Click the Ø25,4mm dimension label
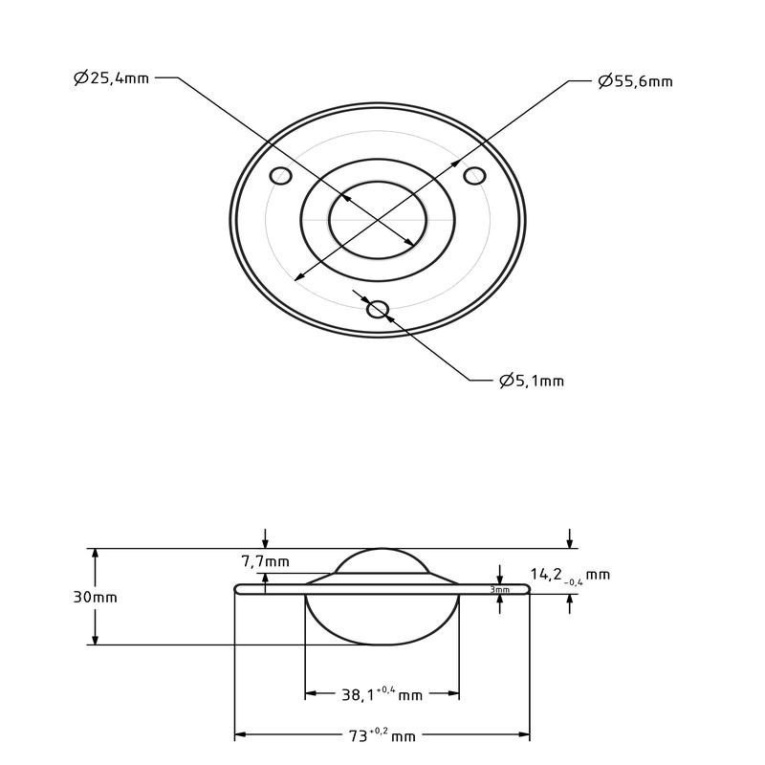coord(111,78)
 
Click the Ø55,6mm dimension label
coord(635,81)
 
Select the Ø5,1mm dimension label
coord(532,381)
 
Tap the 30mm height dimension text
coord(95,597)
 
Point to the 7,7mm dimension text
coord(265,561)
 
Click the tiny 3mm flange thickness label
coord(499,590)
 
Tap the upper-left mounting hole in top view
coord(280,176)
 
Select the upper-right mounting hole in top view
coord(474,176)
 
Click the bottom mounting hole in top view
coord(378,308)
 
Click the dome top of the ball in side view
coord(382,551)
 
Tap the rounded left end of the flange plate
coord(238,588)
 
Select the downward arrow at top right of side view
coord(571,540)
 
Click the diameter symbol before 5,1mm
coord(506,381)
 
